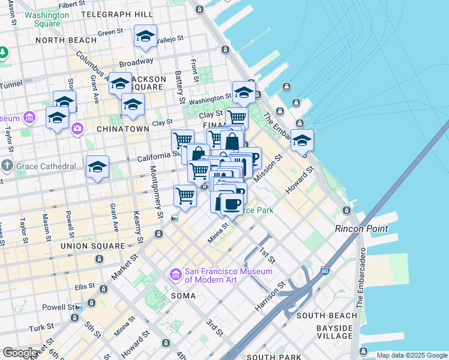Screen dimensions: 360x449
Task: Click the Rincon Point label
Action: [361, 229]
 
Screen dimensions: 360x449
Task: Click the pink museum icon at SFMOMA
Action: [176, 275]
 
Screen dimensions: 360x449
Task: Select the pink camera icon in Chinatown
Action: [77, 128]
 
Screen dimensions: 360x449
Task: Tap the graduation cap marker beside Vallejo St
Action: [145, 37]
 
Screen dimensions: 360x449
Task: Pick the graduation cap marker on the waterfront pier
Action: [302, 141]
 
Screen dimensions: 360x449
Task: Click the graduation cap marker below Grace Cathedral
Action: [97, 169]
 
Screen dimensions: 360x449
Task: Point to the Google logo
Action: [20, 353]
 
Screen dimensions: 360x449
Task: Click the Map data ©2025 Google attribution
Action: [412, 355]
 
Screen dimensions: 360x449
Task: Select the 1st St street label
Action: [268, 254]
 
